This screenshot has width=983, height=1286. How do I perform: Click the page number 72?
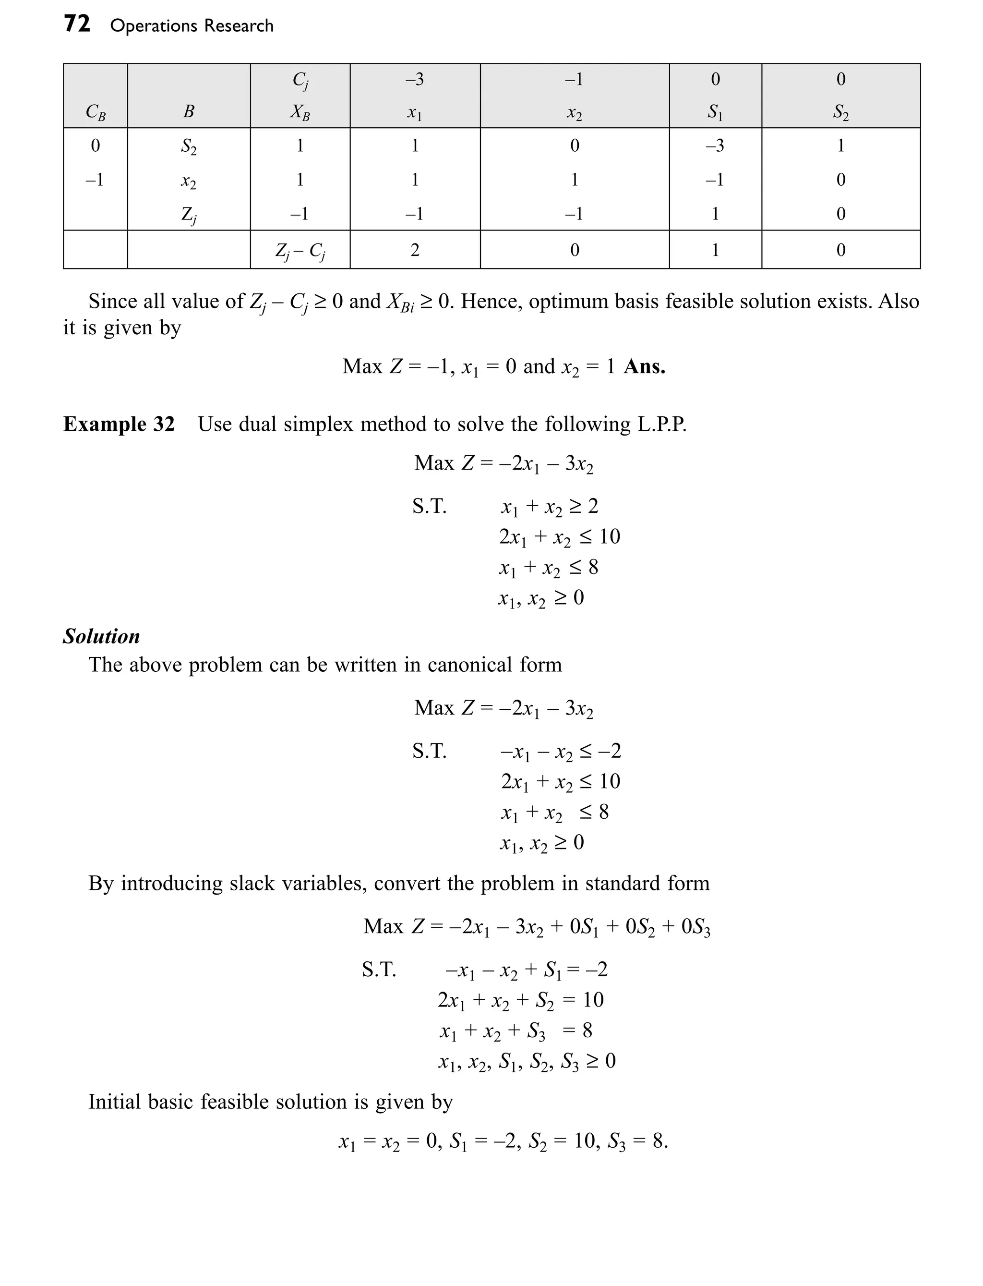(x=77, y=24)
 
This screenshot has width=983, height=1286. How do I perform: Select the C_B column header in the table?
(x=96, y=111)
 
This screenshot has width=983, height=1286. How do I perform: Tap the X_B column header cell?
(x=300, y=111)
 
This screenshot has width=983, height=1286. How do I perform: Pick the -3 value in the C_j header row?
(x=414, y=79)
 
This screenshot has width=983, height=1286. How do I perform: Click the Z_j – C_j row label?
(x=300, y=251)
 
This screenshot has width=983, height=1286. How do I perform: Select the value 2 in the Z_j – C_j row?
(x=415, y=250)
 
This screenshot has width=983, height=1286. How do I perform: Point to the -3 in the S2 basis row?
(x=714, y=145)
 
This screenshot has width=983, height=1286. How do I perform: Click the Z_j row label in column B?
(x=189, y=215)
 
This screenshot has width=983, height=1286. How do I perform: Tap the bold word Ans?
(x=644, y=366)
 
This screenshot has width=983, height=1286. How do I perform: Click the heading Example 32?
(x=119, y=424)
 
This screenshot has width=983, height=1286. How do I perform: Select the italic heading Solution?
(x=101, y=636)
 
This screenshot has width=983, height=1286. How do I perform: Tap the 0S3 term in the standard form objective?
(x=695, y=927)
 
